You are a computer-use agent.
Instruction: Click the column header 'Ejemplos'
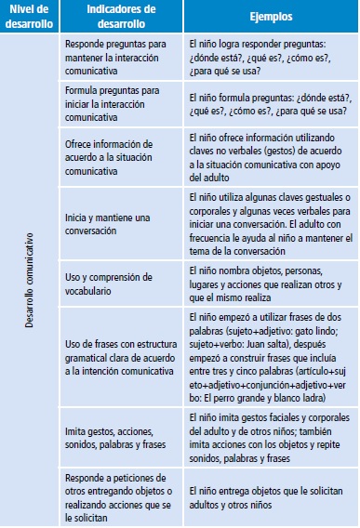click(269, 17)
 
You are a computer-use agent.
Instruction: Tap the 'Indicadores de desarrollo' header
click(120, 17)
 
